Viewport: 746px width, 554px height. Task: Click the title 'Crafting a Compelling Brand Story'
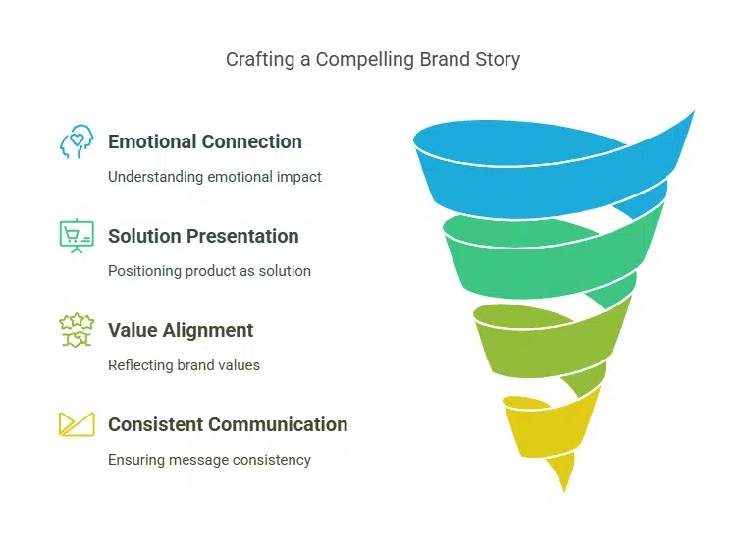(x=373, y=59)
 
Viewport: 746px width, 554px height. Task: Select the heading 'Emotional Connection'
(x=204, y=141)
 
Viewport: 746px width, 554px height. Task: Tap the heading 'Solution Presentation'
(x=203, y=236)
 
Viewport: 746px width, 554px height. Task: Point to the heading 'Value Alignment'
(x=181, y=330)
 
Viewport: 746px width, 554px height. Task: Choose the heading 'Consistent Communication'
(x=228, y=424)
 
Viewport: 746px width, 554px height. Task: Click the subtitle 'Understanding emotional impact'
(x=214, y=177)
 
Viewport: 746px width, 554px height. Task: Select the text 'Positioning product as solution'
(x=209, y=271)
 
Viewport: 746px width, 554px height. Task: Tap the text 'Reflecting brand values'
(x=184, y=365)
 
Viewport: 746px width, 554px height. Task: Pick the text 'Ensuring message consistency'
(x=209, y=460)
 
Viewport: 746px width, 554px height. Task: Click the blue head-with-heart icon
(x=77, y=141)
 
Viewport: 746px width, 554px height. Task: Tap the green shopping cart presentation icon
(x=77, y=236)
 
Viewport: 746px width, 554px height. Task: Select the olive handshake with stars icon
(x=77, y=330)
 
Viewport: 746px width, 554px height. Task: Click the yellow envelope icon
(x=77, y=424)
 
